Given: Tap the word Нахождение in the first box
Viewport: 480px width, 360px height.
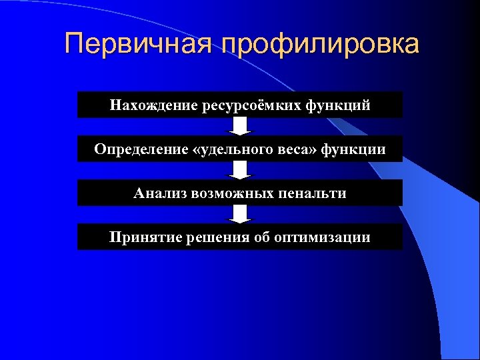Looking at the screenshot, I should tap(151, 105).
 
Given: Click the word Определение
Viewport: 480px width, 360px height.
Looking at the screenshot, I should tap(140, 149).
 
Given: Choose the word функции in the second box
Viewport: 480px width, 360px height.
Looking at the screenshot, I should tap(353, 149).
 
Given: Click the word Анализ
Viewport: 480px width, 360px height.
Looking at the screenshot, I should tap(159, 193).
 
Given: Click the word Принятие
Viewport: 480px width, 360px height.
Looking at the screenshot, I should tap(141, 237).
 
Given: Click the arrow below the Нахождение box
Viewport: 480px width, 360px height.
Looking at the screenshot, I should tap(240, 127).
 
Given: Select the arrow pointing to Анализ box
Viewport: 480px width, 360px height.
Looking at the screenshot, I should tap(240, 170).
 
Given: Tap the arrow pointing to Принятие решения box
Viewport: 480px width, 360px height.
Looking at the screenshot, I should tap(240, 214).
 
